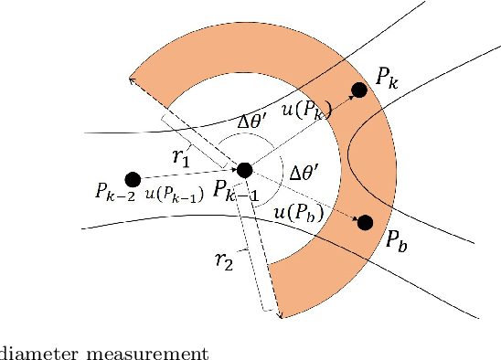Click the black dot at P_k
tap(359, 90)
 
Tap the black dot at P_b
tap(366, 222)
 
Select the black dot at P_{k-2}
tap(132, 178)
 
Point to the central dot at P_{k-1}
tap(244, 169)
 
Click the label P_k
tap(387, 80)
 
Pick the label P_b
tap(396, 242)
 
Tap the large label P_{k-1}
tap(236, 191)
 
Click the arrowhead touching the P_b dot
tap(352, 217)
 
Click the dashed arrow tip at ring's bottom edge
tap(279, 315)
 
